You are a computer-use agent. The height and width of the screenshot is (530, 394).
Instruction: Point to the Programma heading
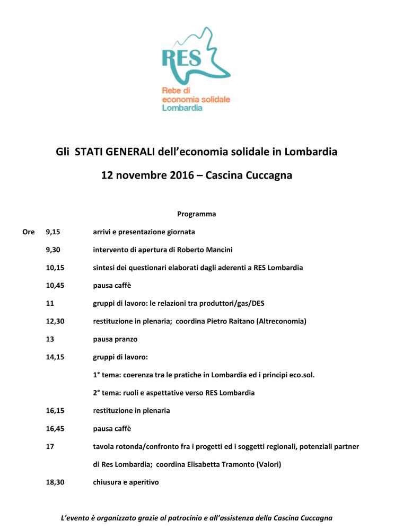197,214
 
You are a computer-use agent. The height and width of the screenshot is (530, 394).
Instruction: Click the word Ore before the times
28,232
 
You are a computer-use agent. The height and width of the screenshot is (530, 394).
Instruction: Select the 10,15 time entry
55,268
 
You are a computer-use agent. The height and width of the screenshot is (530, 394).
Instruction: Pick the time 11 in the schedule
50,303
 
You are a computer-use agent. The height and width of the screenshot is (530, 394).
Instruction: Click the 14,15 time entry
55,357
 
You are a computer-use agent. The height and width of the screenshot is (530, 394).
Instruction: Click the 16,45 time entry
55,429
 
